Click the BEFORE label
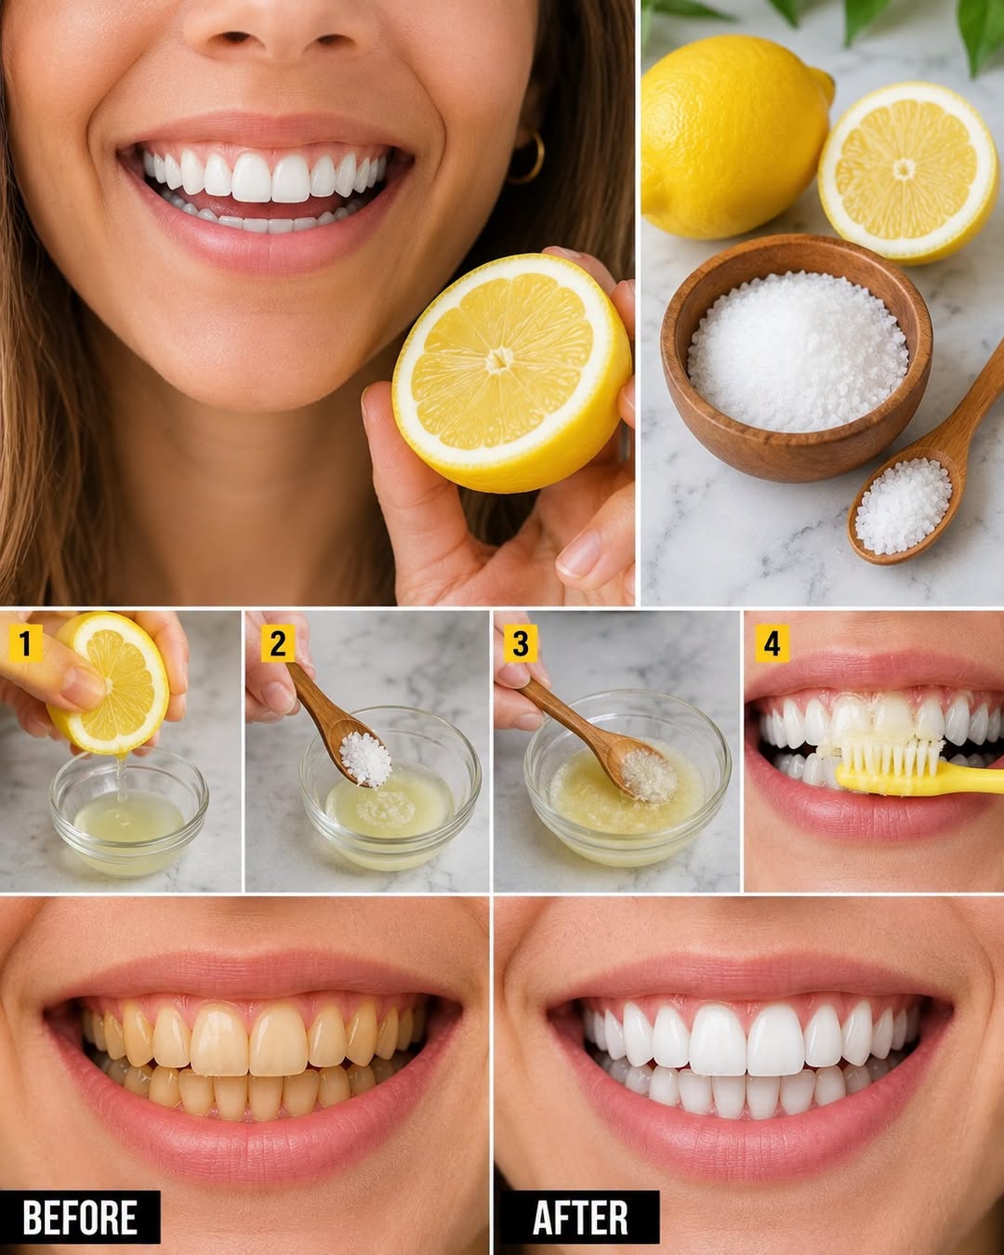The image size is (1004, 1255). tap(80, 1217)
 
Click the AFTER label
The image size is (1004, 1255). tap(580, 1217)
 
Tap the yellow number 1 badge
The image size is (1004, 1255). tap(25, 644)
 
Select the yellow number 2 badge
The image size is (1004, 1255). tap(277, 644)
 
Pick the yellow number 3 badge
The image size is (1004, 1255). tap(521, 644)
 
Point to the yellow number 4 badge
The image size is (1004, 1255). tap(773, 644)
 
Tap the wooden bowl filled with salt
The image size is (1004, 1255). tap(797, 357)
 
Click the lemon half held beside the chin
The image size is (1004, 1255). tap(512, 372)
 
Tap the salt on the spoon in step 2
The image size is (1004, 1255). tap(365, 760)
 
